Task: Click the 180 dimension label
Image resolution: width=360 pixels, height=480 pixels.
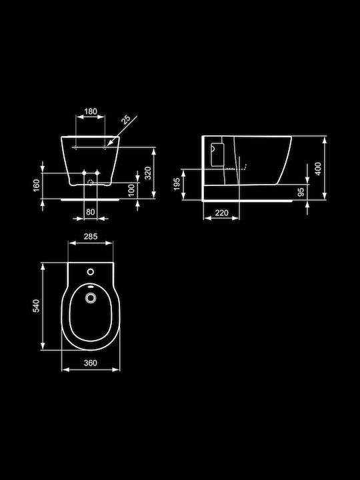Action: point(91,111)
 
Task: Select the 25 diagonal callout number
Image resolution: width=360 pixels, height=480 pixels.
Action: point(125,119)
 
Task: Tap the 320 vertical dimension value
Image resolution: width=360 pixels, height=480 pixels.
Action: point(148,173)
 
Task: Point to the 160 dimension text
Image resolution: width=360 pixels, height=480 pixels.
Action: point(36,185)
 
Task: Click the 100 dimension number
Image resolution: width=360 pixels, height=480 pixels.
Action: point(131,191)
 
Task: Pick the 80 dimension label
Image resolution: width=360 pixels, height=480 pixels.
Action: point(90,211)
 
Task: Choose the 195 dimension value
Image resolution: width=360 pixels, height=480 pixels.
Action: point(177,184)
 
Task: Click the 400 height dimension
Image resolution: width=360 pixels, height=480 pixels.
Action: point(319,169)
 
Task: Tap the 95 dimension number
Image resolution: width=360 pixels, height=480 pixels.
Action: point(301,192)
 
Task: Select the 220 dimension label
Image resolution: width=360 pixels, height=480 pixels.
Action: point(221,213)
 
